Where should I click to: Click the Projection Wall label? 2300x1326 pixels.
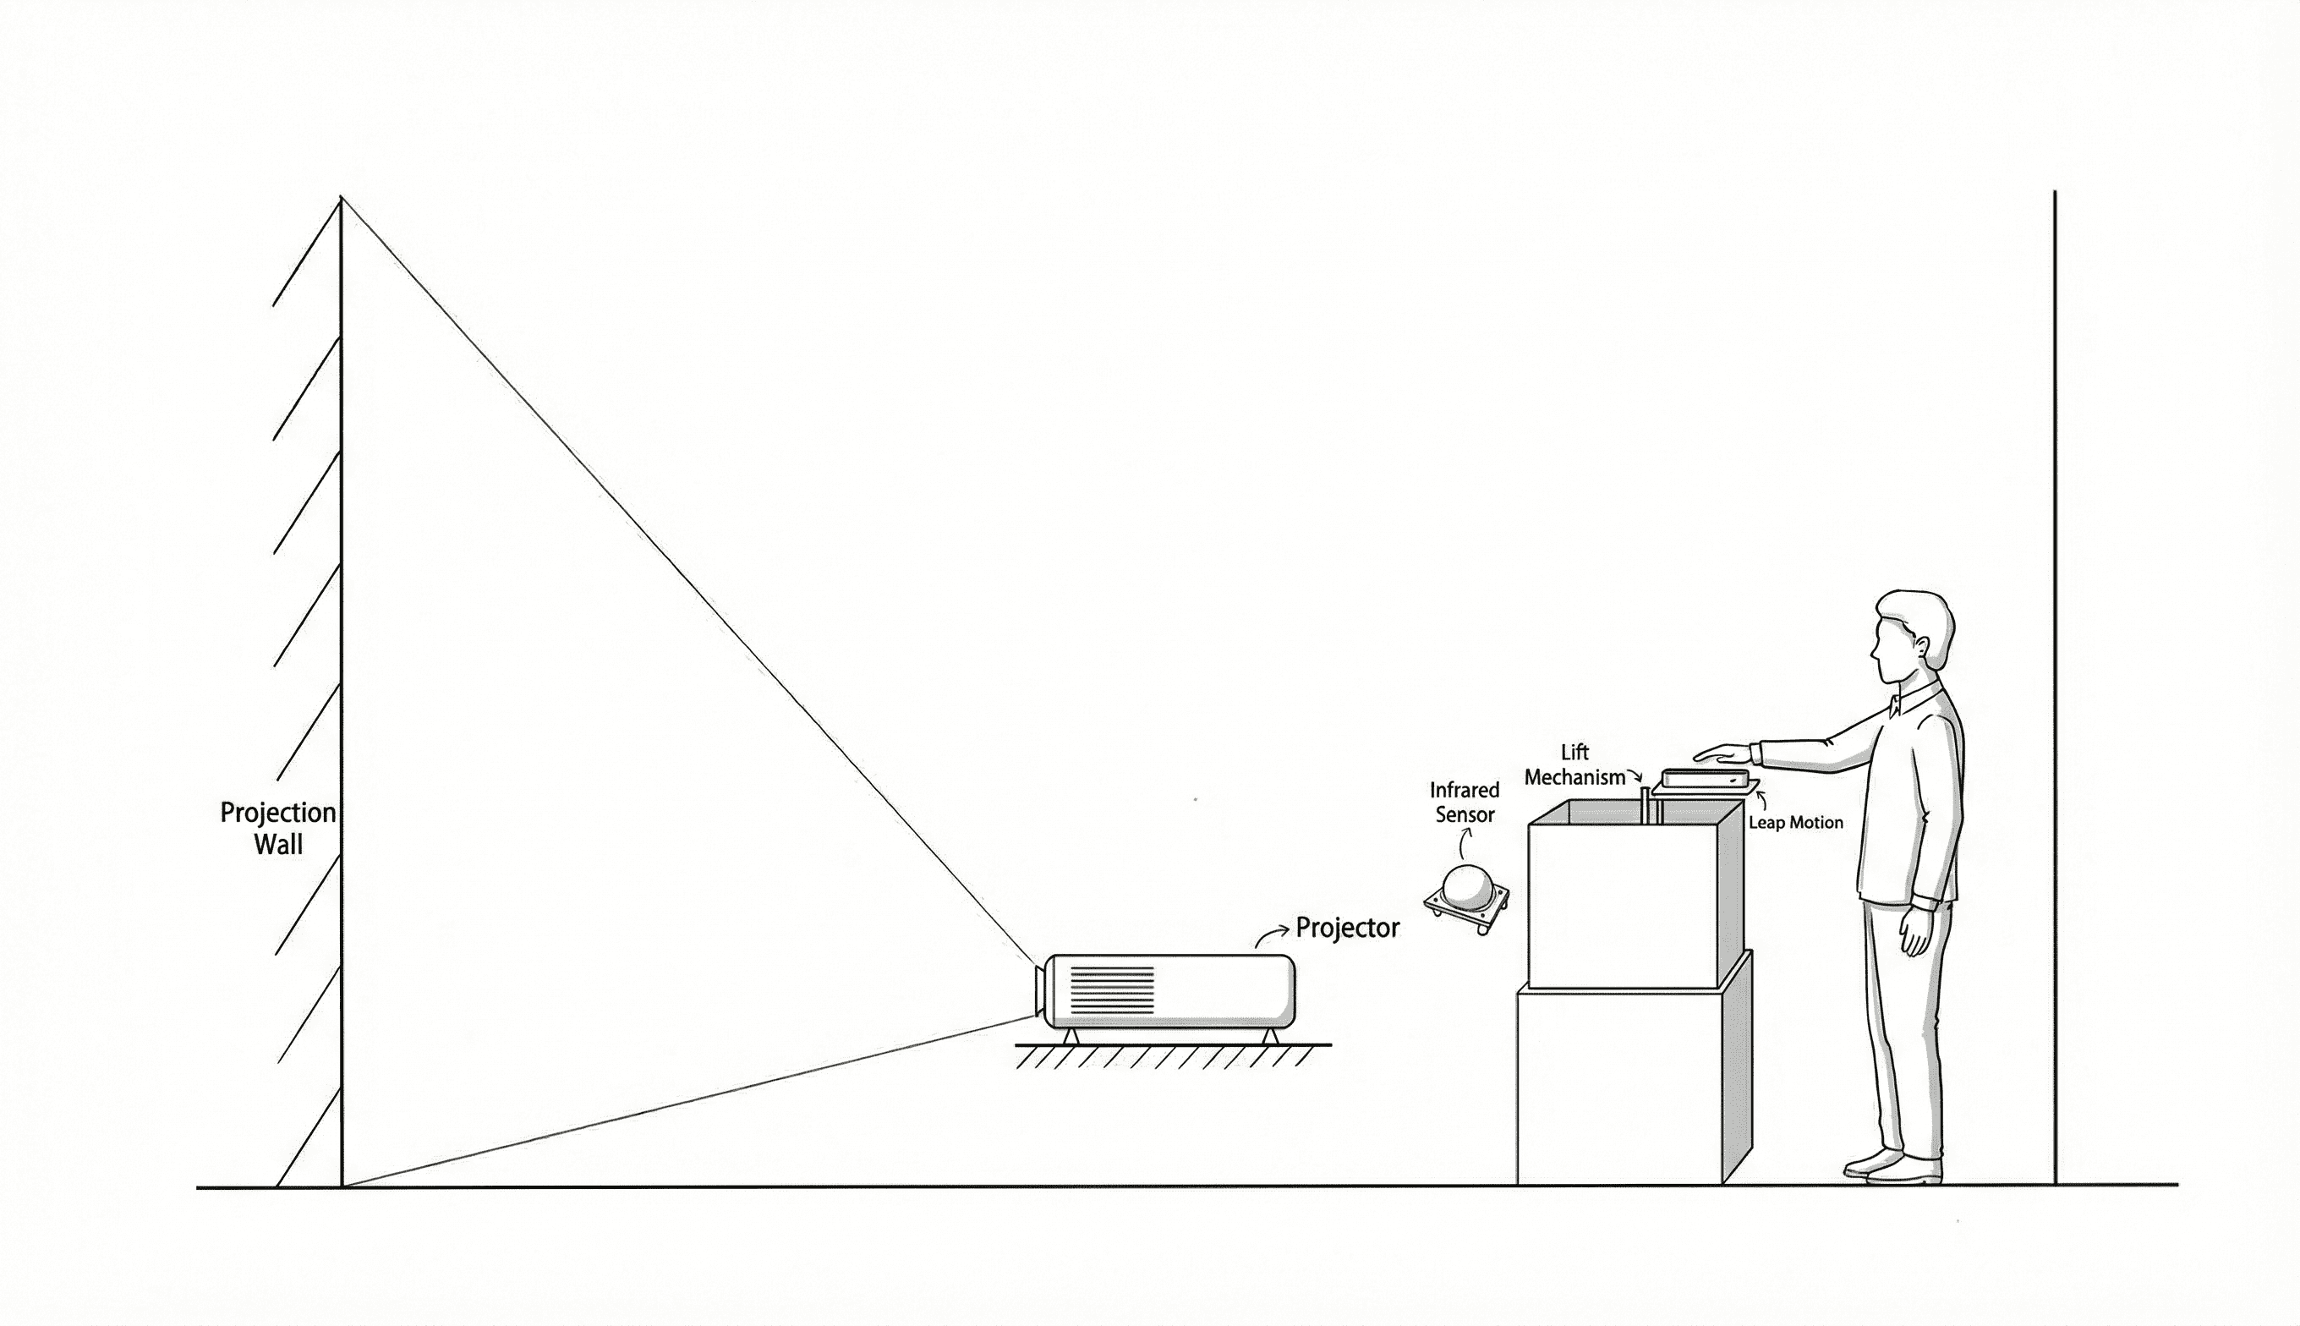[277, 828]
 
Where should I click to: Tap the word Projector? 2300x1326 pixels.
[1347, 928]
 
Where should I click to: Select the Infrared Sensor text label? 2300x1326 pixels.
[1464, 803]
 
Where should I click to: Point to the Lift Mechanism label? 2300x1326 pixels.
[1574, 765]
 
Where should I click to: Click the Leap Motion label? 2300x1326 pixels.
[1795, 822]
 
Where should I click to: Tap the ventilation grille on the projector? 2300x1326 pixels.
[1112, 990]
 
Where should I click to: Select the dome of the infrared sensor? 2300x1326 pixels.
[1467, 887]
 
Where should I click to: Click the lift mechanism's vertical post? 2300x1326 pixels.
[1646, 806]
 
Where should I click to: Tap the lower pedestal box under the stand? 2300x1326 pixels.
[1621, 1088]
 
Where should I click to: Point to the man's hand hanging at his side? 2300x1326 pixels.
[1914, 931]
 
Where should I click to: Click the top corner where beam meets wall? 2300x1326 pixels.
[342, 198]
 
